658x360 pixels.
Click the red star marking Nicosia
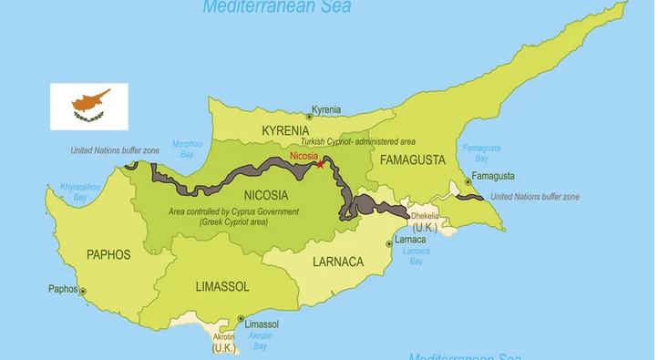tap(319, 164)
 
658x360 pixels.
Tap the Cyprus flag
tap(88, 106)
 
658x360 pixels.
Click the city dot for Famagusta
tap(468, 181)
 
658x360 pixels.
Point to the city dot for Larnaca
tap(390, 243)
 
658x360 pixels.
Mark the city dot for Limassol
tap(241, 319)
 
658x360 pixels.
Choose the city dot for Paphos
tap(82, 292)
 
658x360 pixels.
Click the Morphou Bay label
tap(187, 149)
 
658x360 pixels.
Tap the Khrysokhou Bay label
tap(73, 191)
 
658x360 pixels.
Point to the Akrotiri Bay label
tap(260, 341)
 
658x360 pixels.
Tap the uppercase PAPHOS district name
tap(108, 254)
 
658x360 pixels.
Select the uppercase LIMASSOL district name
tap(221, 286)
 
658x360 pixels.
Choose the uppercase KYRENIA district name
tap(286, 131)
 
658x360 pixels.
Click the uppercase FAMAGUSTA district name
tap(413, 160)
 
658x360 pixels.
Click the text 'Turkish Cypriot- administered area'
tap(358, 143)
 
